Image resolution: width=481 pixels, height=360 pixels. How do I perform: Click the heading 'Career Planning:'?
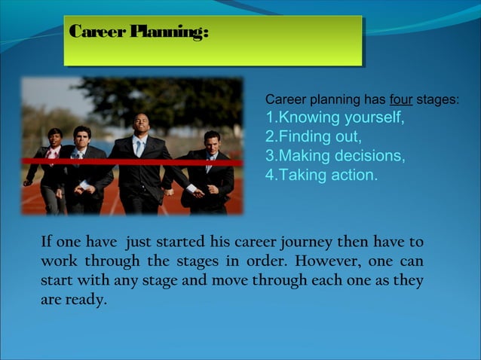click(138, 34)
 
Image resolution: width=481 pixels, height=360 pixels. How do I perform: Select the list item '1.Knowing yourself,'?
click(335, 119)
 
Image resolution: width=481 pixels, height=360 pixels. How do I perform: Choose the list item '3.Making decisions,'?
click(335, 157)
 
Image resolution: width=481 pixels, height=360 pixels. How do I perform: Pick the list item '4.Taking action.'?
click(321, 175)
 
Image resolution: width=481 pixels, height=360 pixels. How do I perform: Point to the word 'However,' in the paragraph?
click(335, 262)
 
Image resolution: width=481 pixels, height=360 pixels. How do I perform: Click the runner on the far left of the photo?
click(51, 169)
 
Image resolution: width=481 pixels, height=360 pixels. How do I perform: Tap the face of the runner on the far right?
click(212, 141)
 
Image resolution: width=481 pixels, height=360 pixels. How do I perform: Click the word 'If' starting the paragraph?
click(46, 243)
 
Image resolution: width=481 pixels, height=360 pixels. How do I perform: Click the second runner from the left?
click(81, 169)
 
